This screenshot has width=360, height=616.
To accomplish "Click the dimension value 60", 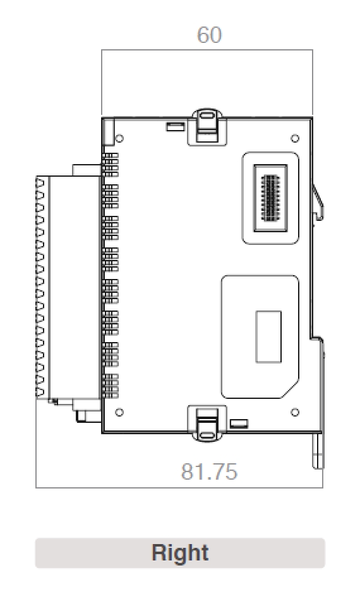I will (209, 35).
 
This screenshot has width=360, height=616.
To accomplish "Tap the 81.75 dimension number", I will (209, 471).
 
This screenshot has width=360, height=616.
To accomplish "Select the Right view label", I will (180, 553).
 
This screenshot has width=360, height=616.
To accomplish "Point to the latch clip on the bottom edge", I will (208, 423).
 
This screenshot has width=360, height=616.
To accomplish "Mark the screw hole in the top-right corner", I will (294, 138).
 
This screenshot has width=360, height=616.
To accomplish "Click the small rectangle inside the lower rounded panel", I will (268, 336).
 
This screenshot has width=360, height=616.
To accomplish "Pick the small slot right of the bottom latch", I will (239, 423).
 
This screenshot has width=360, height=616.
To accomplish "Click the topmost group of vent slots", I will (111, 164).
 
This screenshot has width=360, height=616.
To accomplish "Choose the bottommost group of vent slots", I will (111, 386).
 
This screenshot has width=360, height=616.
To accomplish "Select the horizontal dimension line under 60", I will (207, 50).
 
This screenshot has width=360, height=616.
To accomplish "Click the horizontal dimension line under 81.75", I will (179, 487).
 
